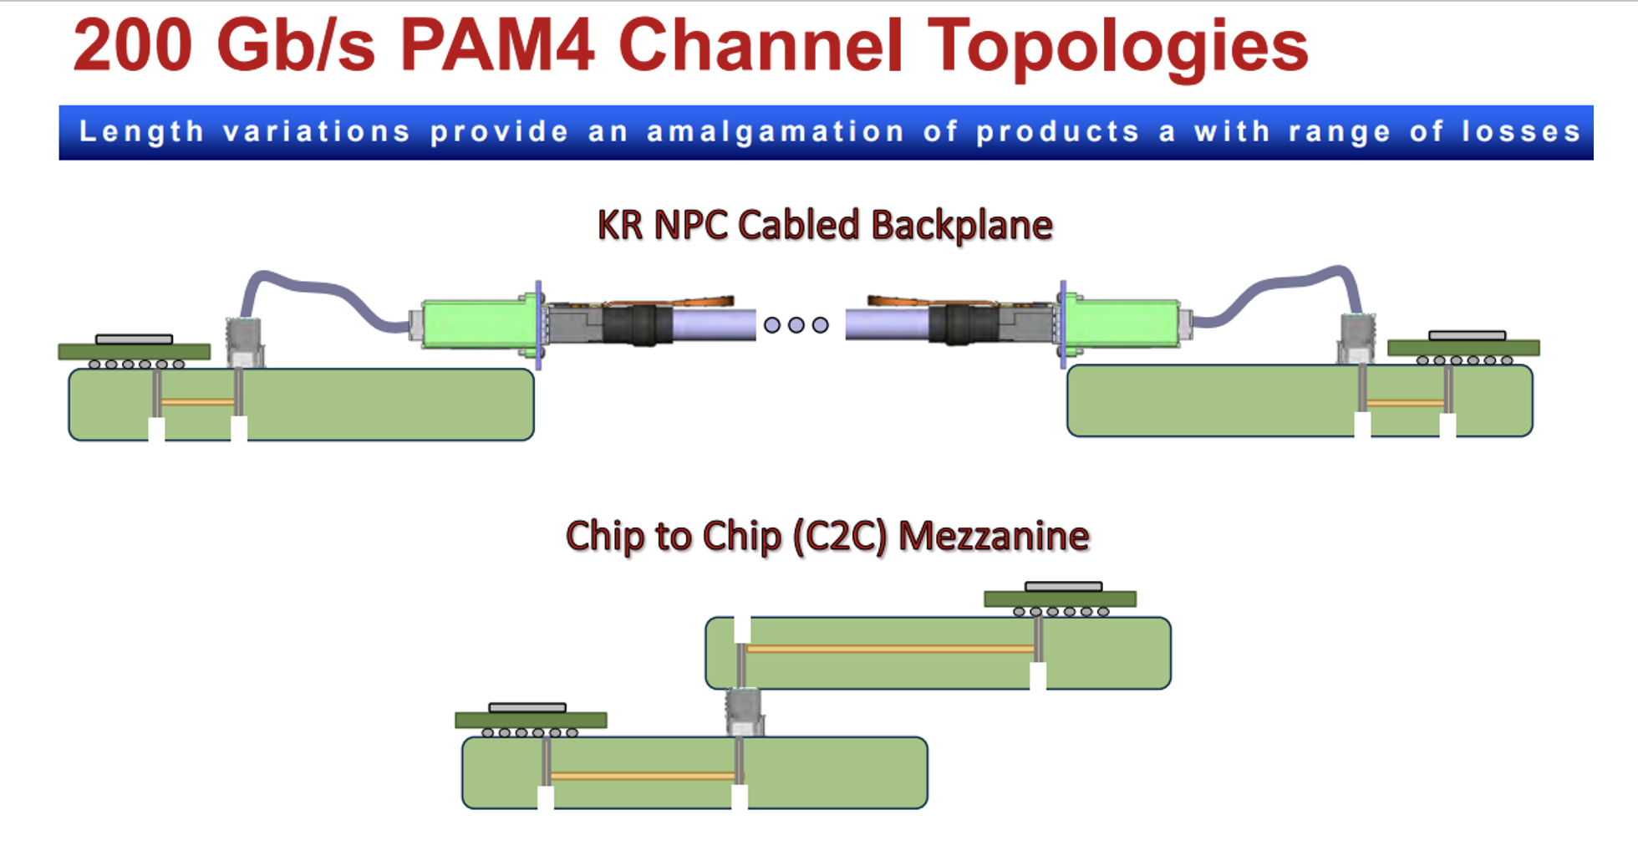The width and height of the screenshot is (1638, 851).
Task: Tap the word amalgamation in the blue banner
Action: coord(776,132)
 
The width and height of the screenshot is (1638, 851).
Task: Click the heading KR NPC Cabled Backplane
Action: coord(825,226)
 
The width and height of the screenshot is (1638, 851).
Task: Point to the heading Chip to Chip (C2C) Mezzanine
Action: coord(827,536)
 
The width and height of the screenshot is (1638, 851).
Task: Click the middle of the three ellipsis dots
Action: coord(796,324)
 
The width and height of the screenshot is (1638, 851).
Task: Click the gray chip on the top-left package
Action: coord(134,339)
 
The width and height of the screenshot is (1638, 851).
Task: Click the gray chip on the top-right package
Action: coord(1467,335)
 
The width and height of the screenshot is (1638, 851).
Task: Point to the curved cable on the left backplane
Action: coord(318,288)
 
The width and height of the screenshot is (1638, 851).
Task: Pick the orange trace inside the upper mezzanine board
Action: coord(890,648)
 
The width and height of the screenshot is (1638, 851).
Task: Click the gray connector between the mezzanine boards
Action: coord(742,711)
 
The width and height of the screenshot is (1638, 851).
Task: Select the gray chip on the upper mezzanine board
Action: coord(1063,586)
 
